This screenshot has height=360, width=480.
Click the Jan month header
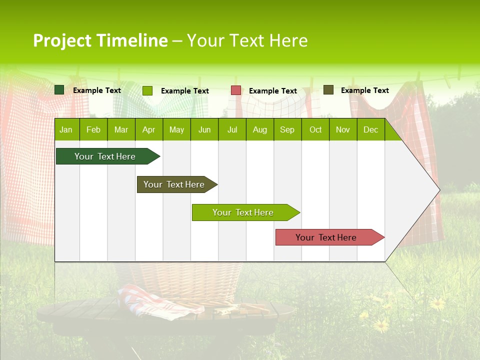[66, 130]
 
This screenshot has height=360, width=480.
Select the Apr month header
[148, 130]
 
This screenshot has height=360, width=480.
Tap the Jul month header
[232, 130]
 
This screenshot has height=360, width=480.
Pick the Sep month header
[287, 130]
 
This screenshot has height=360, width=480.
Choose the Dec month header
[370, 130]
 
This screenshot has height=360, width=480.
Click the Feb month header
[93, 130]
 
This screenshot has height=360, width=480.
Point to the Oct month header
[315, 130]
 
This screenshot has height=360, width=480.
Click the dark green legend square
[59, 90]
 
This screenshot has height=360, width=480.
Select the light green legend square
[147, 90]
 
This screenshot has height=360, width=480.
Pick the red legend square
[236, 90]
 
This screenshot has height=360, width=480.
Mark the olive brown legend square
[328, 90]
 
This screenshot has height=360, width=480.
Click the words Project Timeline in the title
[100, 40]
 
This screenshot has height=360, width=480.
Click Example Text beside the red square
[272, 91]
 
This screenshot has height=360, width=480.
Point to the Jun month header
[204, 130]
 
